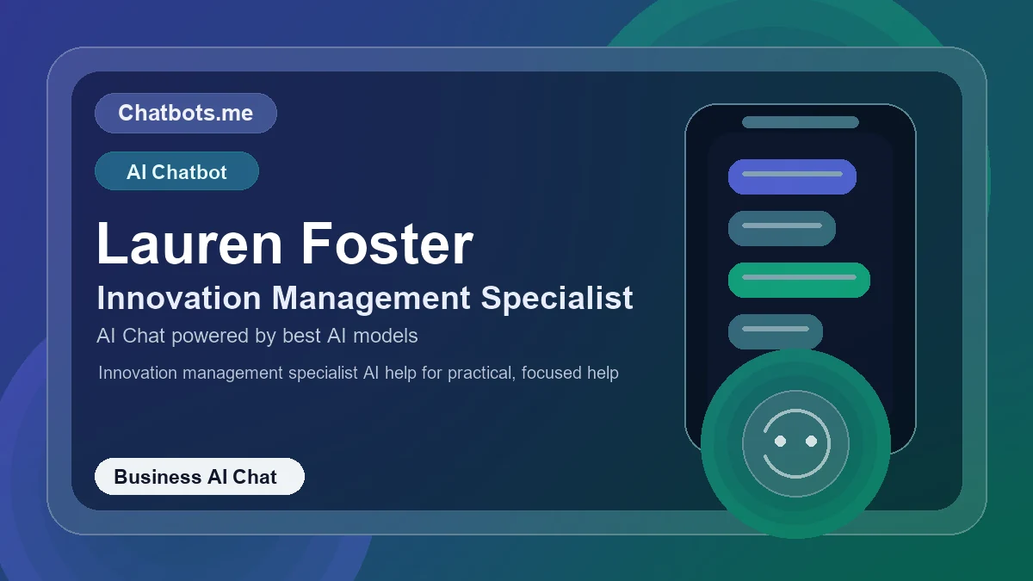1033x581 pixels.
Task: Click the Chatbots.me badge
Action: tap(185, 113)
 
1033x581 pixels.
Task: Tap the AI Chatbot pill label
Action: tap(176, 171)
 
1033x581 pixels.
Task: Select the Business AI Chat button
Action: tap(199, 477)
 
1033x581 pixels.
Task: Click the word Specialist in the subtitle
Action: tap(557, 298)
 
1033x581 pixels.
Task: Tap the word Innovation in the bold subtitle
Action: tap(178, 298)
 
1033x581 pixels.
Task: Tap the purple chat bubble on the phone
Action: tap(792, 176)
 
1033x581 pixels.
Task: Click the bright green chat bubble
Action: tap(799, 280)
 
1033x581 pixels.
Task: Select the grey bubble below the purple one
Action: tap(782, 228)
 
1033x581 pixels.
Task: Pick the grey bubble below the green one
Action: tap(776, 331)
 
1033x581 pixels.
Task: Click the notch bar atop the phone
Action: tap(801, 122)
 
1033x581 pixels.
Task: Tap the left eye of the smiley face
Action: tap(780, 441)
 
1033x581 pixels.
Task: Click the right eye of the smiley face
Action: tap(811, 441)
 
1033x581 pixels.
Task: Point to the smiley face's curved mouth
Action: tap(795, 469)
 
